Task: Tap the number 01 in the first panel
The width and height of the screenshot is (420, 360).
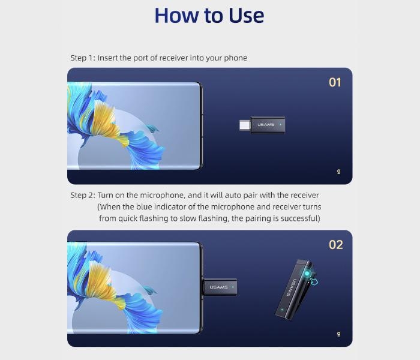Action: [335, 83]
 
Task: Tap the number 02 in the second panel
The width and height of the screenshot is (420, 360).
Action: [335, 245]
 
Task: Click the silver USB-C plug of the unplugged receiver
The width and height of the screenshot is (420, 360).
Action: [245, 125]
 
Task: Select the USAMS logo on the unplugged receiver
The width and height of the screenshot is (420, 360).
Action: [266, 125]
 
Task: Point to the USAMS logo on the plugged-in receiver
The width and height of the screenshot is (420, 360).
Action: [218, 287]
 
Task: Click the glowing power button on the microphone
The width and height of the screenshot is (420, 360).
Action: [307, 274]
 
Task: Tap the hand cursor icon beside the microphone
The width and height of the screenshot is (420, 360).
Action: [314, 281]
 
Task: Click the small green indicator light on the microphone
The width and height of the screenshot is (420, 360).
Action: [282, 310]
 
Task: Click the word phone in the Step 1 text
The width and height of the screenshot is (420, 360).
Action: [235, 58]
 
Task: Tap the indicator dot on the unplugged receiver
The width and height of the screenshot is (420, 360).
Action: [280, 125]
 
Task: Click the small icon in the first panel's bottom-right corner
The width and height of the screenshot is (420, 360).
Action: [338, 172]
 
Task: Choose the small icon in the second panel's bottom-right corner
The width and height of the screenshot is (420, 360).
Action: [338, 334]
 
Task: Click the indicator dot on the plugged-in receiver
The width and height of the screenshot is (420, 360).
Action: [233, 287]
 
